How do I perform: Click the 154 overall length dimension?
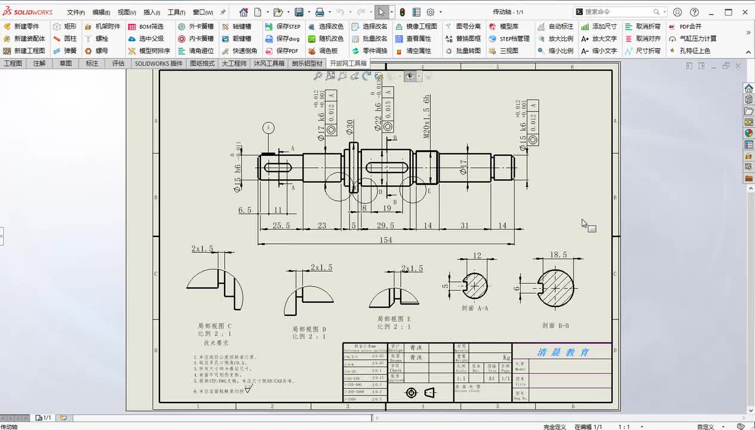pos(385,239)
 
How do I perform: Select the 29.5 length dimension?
pos(385,225)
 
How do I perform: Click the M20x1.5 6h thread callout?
pos(427,116)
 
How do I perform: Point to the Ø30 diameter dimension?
pos(350,127)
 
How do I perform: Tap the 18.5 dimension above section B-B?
pos(558,254)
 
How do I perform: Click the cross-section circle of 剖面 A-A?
pos(475,285)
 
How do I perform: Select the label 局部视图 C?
pos(214,326)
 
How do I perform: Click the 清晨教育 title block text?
pos(563,352)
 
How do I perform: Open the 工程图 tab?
pos(13,63)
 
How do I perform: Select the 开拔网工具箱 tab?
pos(348,63)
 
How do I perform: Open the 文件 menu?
pos(75,12)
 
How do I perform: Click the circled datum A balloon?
pos(269,127)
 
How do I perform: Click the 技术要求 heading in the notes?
pos(216,343)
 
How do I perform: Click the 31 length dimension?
pos(464,225)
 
